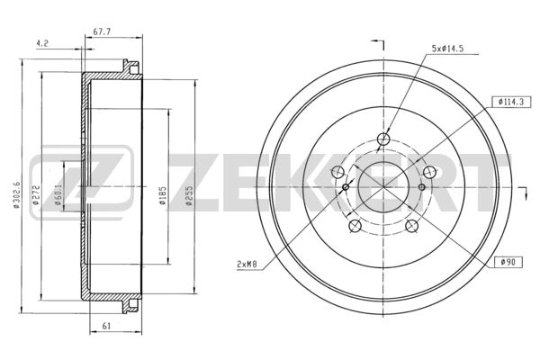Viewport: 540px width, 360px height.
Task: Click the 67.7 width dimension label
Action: tap(102, 31)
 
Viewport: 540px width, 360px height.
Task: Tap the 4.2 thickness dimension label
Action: tap(42, 43)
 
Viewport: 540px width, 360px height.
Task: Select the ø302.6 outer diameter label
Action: tap(16, 194)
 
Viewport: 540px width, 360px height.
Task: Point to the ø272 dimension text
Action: tap(36, 195)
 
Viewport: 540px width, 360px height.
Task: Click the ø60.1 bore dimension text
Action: tap(58, 194)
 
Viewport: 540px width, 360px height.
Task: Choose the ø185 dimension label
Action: tap(162, 195)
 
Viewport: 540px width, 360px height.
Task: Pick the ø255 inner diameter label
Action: tap(188, 195)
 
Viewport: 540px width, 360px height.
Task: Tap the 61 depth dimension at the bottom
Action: tap(107, 326)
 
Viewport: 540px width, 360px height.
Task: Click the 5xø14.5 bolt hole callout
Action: tap(447, 49)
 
